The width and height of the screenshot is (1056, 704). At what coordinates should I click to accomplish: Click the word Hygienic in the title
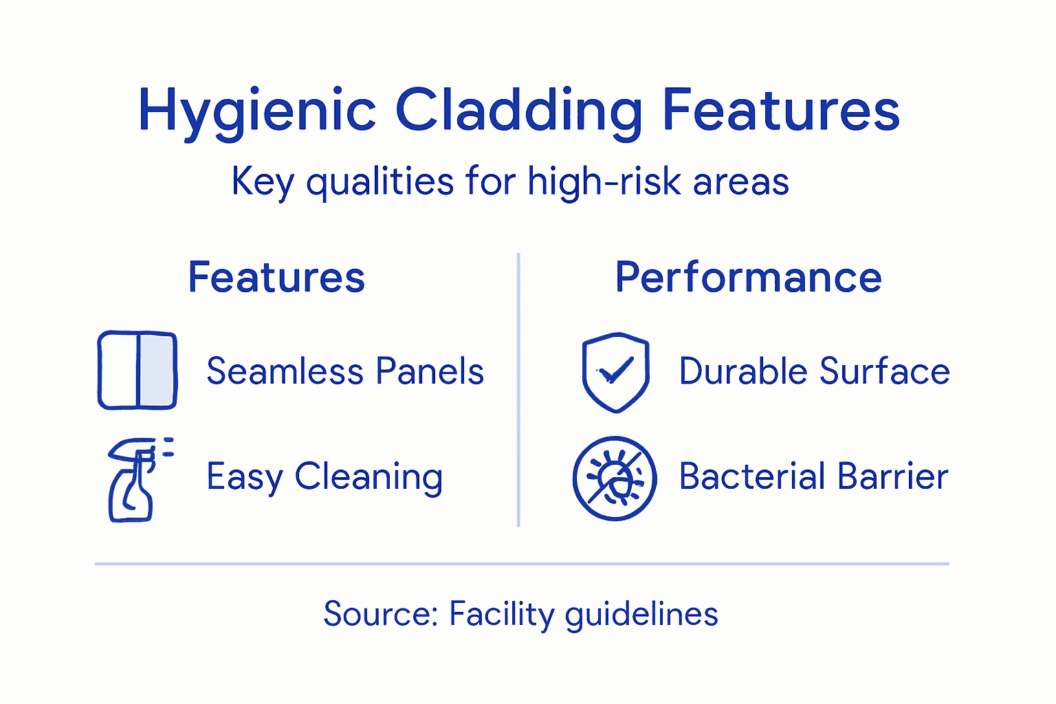257,111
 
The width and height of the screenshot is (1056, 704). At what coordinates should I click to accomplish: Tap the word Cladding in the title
519,111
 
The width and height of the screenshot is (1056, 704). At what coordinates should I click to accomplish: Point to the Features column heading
276,277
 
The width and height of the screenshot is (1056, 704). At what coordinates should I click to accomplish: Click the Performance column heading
748,277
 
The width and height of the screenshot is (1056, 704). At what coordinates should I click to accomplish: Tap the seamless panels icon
137,371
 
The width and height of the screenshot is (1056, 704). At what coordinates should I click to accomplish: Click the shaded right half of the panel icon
157,371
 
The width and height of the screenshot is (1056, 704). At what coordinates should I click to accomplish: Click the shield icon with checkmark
615,372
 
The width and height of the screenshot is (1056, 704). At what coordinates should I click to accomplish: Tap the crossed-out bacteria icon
615,478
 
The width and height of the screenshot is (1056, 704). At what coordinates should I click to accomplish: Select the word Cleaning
368,477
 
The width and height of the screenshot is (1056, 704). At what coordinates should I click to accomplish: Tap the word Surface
885,372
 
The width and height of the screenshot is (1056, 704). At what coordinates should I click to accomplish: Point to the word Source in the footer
380,613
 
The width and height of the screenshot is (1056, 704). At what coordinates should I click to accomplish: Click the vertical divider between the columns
518,390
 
